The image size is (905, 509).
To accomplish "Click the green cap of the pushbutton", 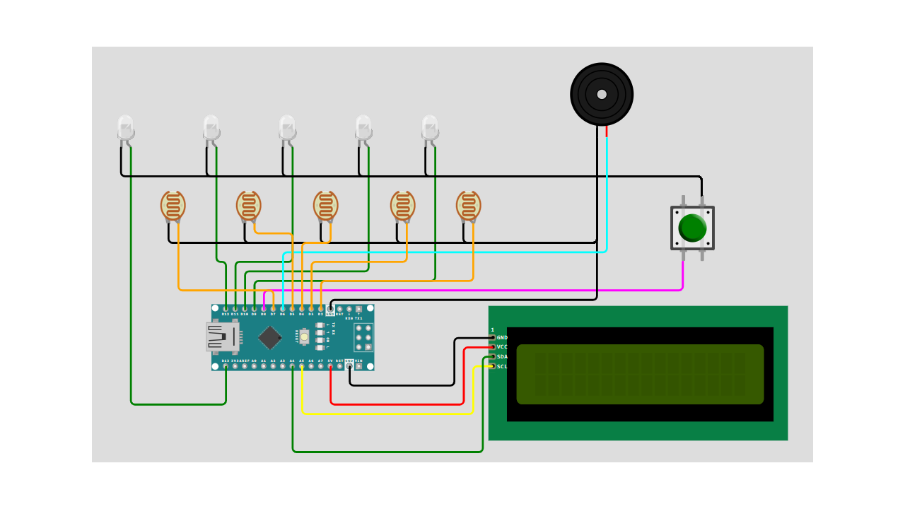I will point(692,228).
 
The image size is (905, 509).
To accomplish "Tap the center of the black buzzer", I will point(602,94).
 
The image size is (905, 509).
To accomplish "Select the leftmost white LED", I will point(125,129).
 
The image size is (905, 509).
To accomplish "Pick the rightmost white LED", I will point(430,129).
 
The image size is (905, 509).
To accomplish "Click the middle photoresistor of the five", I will point(325,206).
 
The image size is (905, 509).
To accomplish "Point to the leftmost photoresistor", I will point(173,206).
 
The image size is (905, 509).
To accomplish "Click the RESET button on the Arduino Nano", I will point(304,337).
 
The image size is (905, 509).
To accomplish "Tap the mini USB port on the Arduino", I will point(222,337).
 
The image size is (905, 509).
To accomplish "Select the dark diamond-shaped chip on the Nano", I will point(269,337).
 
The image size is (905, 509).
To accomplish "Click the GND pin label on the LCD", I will point(502,338).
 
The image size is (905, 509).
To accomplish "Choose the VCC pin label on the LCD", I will point(502,347).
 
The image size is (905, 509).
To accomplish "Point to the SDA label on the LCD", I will point(502,357).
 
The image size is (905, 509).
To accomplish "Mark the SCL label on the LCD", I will point(502,367).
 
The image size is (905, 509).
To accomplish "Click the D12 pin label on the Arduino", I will point(226,314).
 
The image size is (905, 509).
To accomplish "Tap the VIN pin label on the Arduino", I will point(358,361).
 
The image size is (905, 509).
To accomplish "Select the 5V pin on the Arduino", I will point(330,366).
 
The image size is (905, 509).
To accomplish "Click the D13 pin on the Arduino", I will point(226,366).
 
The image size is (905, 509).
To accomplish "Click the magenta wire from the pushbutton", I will point(495,290).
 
